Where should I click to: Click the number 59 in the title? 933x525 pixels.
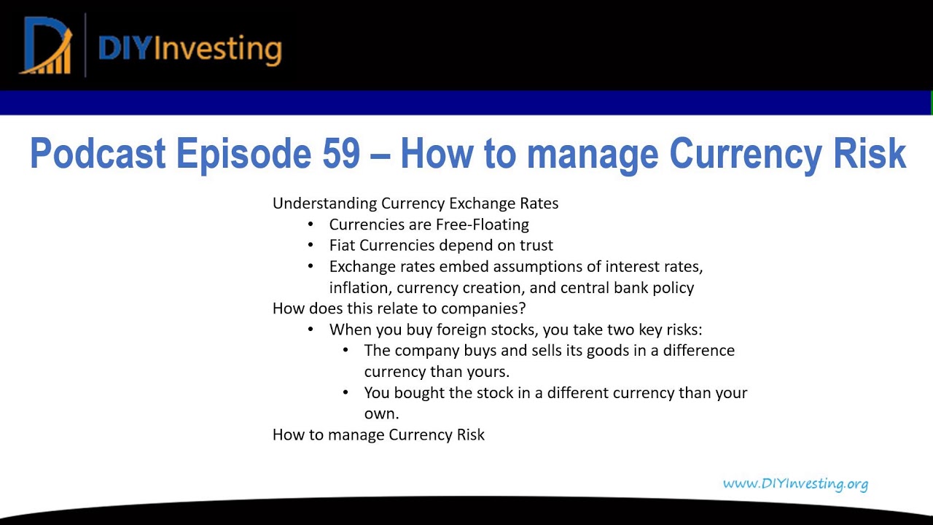(x=340, y=154)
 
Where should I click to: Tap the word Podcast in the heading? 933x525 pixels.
(x=98, y=154)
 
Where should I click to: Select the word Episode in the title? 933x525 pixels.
(x=243, y=154)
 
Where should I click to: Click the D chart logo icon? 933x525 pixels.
(x=47, y=46)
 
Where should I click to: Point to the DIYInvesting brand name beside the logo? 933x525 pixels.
(x=190, y=48)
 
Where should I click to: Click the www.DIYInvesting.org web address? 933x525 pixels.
(x=795, y=483)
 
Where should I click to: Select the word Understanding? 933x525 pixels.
(x=324, y=203)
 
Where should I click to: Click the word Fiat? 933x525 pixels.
(x=343, y=246)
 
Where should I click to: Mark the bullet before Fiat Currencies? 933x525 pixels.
(x=311, y=246)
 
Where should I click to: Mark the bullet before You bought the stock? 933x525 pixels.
(x=346, y=393)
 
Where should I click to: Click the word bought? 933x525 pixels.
(x=416, y=393)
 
